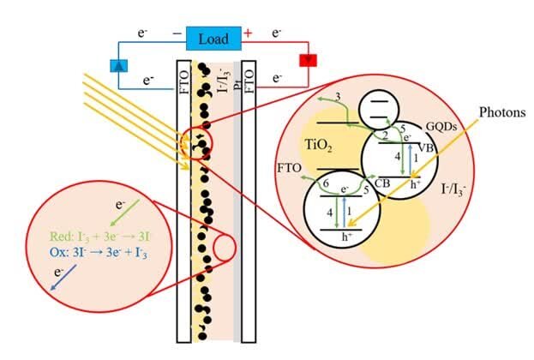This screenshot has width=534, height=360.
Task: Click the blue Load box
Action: point(213,39)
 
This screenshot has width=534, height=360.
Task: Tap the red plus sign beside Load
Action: point(249,34)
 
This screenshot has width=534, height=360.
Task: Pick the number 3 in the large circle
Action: point(339,98)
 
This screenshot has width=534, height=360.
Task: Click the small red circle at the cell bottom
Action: point(225,249)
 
